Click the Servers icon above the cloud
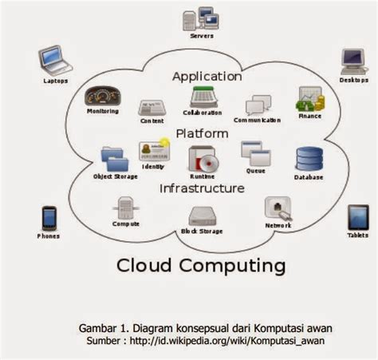pos(201,19)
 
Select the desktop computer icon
pos(352,61)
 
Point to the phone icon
pos(49,217)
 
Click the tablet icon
pos(357,217)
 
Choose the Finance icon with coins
pos(309,99)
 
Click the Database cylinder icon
pos(309,159)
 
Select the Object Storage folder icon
pos(113,157)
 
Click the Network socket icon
pos(277,208)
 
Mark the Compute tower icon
pos(125,208)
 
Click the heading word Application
pos(207,77)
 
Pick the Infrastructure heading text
pos(201,189)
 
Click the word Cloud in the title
pos(147,263)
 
